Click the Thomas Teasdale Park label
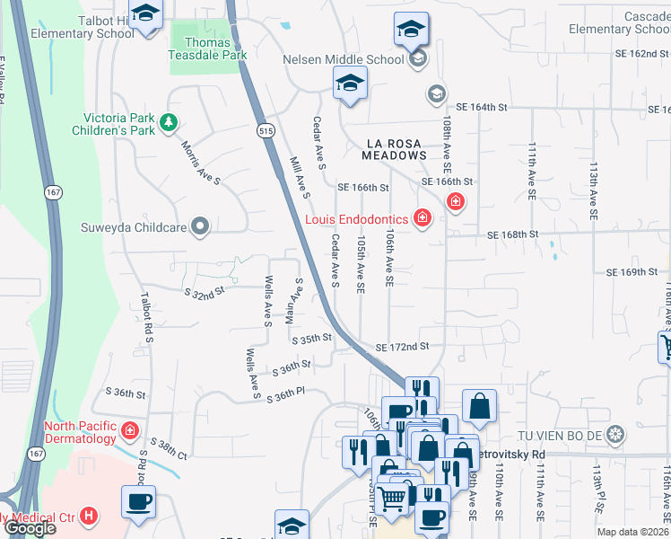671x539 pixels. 208,49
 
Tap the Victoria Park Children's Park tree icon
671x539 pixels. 167,121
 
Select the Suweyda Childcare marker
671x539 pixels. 200,227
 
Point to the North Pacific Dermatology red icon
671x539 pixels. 130,432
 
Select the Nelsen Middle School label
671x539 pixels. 343,60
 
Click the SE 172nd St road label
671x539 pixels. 403,347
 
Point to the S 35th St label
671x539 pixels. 312,339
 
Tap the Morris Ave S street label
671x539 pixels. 200,162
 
